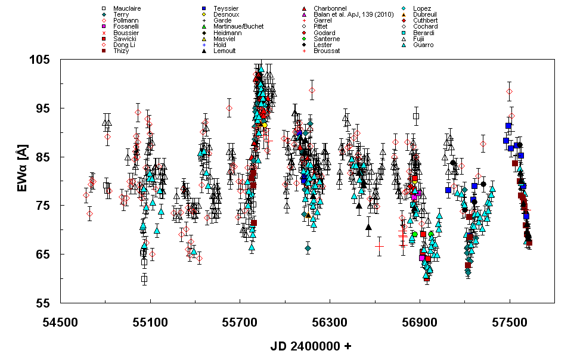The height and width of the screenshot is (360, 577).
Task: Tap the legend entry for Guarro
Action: click(x=423, y=45)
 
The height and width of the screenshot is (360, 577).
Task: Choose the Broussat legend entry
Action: click(x=327, y=51)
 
